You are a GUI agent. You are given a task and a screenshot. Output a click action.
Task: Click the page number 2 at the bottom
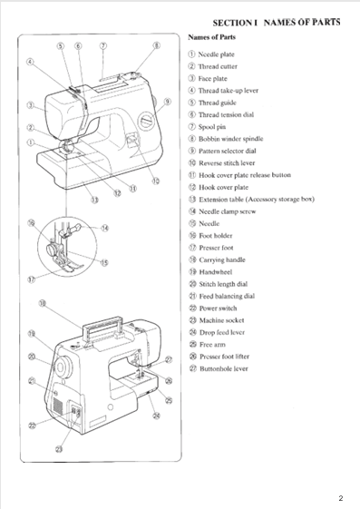coord(340,498)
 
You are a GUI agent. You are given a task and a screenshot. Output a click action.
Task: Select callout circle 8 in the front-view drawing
coord(156,44)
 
